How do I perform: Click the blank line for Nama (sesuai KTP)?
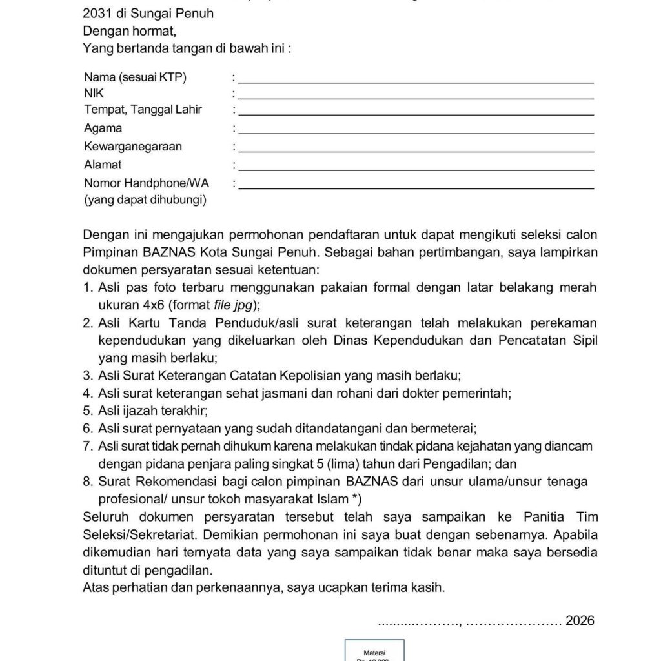(x=416, y=81)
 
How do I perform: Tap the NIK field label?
(x=94, y=94)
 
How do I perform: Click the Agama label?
(x=103, y=128)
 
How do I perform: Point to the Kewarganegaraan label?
(x=133, y=147)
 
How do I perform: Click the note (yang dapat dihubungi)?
(x=145, y=200)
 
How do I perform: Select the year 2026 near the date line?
(x=579, y=621)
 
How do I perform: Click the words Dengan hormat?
(x=129, y=30)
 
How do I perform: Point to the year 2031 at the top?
(x=97, y=12)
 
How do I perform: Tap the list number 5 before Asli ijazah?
(x=88, y=410)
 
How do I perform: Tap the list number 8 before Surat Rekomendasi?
(x=88, y=481)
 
